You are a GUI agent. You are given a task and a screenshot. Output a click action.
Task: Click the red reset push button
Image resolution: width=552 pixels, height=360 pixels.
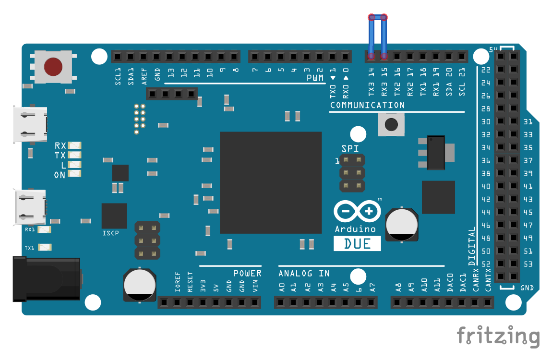pos(53,66)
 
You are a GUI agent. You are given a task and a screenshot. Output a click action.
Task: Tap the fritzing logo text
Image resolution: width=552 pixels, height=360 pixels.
pos(498,336)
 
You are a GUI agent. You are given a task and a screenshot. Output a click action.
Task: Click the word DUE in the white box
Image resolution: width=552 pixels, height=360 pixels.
pos(357,243)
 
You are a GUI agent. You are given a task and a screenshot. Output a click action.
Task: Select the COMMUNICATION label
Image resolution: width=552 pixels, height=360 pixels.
pos(367,105)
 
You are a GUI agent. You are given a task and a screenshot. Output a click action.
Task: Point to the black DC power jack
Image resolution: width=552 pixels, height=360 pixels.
pos(46,279)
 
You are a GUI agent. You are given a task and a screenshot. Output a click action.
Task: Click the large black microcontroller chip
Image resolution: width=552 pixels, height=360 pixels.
pos(271,182)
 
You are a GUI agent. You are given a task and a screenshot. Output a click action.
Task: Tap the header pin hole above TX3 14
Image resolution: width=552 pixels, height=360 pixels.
pos(371,57)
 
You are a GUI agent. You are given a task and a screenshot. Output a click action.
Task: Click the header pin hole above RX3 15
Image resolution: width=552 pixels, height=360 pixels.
pos(384,57)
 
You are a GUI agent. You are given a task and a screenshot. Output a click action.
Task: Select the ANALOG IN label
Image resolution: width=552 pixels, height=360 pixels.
pos(304,273)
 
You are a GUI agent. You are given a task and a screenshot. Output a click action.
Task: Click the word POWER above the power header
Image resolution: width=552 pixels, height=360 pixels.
pos(247,273)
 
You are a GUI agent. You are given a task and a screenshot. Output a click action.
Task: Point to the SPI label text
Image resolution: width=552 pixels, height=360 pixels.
pos(350,149)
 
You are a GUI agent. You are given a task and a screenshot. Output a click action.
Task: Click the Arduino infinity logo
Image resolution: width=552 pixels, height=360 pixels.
pos(357,211)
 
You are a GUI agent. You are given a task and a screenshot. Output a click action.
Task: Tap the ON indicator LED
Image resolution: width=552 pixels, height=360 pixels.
pos(74,175)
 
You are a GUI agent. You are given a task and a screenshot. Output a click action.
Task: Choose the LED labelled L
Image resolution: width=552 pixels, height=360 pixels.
pos(74,165)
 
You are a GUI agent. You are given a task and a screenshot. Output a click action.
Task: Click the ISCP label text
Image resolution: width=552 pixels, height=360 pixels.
pos(110,233)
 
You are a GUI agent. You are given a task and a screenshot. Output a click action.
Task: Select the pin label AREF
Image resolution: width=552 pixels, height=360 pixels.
pos(144,77)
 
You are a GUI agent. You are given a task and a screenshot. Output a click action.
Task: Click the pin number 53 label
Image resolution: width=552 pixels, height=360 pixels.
pos(528,264)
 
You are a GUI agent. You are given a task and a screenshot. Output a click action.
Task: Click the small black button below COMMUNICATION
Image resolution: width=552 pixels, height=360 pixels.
pos(391,125)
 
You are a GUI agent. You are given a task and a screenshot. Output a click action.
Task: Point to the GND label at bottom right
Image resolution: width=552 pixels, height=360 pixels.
pos(527,288)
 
